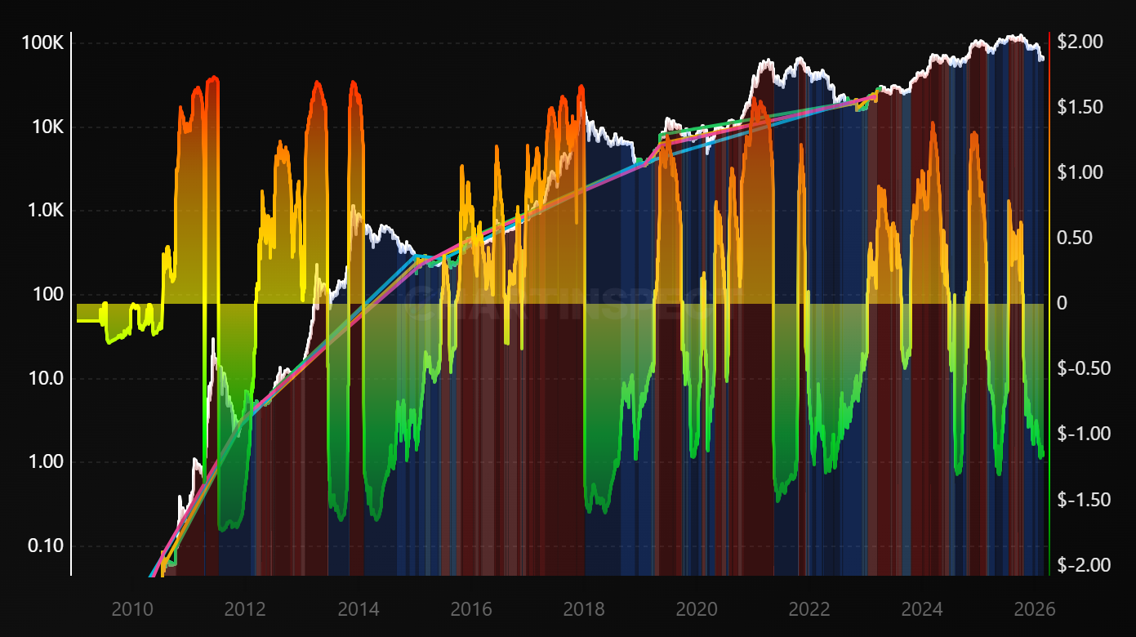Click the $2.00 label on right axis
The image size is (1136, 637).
coord(1080,42)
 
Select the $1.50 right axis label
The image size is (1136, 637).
coord(1080,107)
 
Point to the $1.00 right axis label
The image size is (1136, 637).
coord(1080,172)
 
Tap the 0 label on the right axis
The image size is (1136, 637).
coord(1062,303)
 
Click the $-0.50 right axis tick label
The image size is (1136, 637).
coord(1083,368)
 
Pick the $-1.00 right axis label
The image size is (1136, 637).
coord(1083,434)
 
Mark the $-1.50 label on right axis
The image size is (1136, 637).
coord(1083,499)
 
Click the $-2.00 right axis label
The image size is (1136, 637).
coord(1083,564)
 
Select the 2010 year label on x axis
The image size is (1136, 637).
coord(131,609)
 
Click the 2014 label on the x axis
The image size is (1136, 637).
coord(358,609)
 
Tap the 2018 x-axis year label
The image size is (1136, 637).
coord(584,609)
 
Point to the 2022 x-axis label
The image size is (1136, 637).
coord(809,609)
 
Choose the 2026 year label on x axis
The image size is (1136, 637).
coord(1035,609)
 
